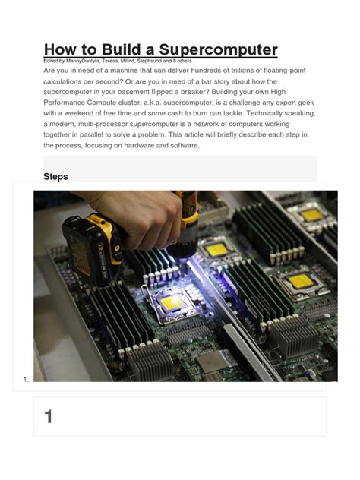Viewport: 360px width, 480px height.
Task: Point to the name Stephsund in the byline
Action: tap(175, 61)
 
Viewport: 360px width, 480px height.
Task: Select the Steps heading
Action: tap(56, 176)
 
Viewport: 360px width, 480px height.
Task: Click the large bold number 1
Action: tap(49, 416)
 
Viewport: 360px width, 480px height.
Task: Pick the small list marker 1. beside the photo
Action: tap(27, 379)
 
